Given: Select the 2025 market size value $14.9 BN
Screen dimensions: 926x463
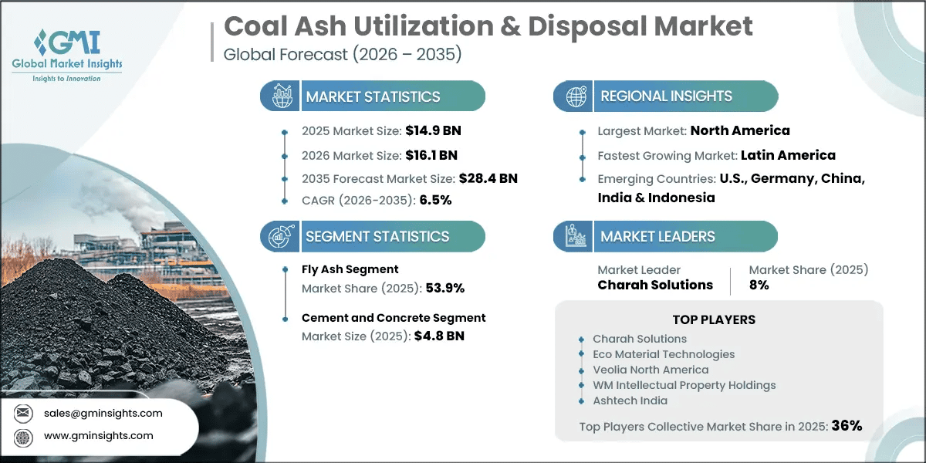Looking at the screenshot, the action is pos(433,130).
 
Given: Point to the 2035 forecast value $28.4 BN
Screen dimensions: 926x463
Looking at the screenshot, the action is pos(488,178).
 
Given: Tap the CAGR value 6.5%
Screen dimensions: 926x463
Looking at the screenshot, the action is pos(435,200).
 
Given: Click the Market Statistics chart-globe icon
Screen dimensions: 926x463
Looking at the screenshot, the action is pos(282,96).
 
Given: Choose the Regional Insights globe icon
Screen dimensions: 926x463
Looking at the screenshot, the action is pos(576,96).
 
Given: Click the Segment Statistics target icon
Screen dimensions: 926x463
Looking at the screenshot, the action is pos(282,236).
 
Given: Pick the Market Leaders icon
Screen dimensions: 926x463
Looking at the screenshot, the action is pos(576,236).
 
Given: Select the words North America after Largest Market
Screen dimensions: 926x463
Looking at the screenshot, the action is pos(740,130).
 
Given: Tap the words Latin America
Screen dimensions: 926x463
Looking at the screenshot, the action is pos(788,155).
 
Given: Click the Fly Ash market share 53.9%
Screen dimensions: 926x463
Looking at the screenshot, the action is pos(444,288).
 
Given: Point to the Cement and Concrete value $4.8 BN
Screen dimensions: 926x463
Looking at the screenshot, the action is pos(439,336).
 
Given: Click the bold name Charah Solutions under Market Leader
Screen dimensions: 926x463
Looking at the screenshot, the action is pos(655,285).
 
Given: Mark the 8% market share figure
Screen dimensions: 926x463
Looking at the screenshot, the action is pos(759,285).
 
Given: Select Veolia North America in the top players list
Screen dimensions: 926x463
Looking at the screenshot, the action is pos(651,370).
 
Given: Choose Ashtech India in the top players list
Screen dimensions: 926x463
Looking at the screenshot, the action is pos(630,400).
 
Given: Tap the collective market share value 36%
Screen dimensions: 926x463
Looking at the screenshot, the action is pos(847,426).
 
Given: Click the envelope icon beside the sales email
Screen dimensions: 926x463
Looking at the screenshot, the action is pos(22,413).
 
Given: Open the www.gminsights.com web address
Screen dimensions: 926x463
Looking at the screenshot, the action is pos(99,436).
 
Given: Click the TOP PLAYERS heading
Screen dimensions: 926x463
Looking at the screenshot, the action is pos(714,319).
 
